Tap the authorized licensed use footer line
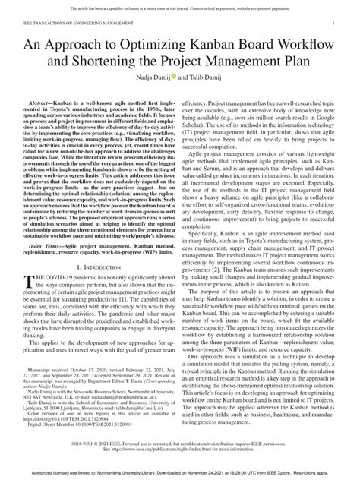(x=180, y=475)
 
